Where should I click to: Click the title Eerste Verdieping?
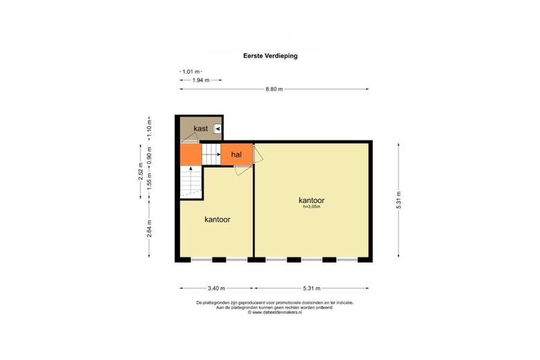270,56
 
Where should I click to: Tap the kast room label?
201,129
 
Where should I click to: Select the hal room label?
236,154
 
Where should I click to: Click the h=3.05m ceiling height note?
312,207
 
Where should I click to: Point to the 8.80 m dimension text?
274,89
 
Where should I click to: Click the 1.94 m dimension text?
201,80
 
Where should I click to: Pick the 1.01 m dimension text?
191,72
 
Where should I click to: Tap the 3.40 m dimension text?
217,288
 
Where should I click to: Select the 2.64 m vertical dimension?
149,228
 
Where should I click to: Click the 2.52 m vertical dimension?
141,171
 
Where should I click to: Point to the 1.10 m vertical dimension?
149,128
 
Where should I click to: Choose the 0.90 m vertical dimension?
149,156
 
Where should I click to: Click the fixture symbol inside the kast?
217,129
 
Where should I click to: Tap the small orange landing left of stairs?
191,154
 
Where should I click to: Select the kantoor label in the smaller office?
217,219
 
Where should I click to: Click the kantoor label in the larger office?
312,200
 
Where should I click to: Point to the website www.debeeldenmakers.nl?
275,312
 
